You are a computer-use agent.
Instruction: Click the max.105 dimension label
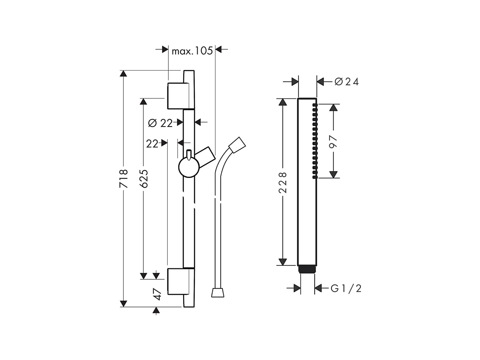[192, 51]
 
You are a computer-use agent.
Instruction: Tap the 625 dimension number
[144, 178]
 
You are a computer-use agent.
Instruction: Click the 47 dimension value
[158, 294]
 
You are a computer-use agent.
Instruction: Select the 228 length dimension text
[283, 182]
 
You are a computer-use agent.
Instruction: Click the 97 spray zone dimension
[333, 141]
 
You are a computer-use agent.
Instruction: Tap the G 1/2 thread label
[346, 289]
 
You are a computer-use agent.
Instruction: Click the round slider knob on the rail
[189, 168]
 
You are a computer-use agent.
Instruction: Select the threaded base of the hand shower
[307, 269]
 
